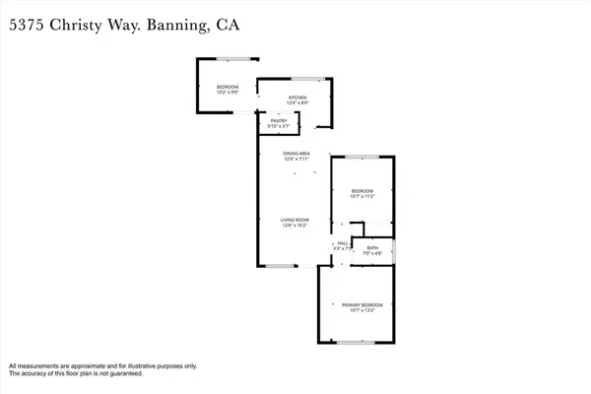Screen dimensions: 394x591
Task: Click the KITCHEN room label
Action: (297, 98)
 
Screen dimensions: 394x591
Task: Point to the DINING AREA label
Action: (296, 154)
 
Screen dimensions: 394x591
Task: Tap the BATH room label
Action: (372, 248)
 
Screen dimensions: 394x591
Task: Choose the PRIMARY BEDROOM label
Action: (361, 305)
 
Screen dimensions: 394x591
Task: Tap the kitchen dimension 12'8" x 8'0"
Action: (297, 104)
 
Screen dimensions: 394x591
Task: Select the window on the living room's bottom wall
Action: (281, 266)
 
